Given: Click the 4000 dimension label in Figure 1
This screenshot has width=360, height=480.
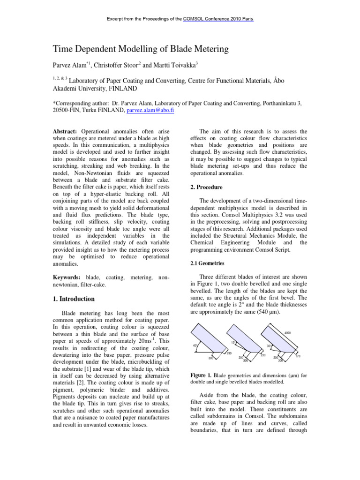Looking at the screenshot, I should [287, 333].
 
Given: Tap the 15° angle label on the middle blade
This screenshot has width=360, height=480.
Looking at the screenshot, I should [233, 343].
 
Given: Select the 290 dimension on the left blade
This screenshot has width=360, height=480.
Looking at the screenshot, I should [229, 353].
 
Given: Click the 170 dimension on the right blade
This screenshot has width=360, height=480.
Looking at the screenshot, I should [298, 357].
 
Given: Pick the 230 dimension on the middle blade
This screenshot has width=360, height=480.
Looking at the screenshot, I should [263, 355].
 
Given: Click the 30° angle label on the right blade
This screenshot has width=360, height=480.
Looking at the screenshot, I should [270, 346].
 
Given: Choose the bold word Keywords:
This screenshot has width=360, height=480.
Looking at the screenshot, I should [67, 278].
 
